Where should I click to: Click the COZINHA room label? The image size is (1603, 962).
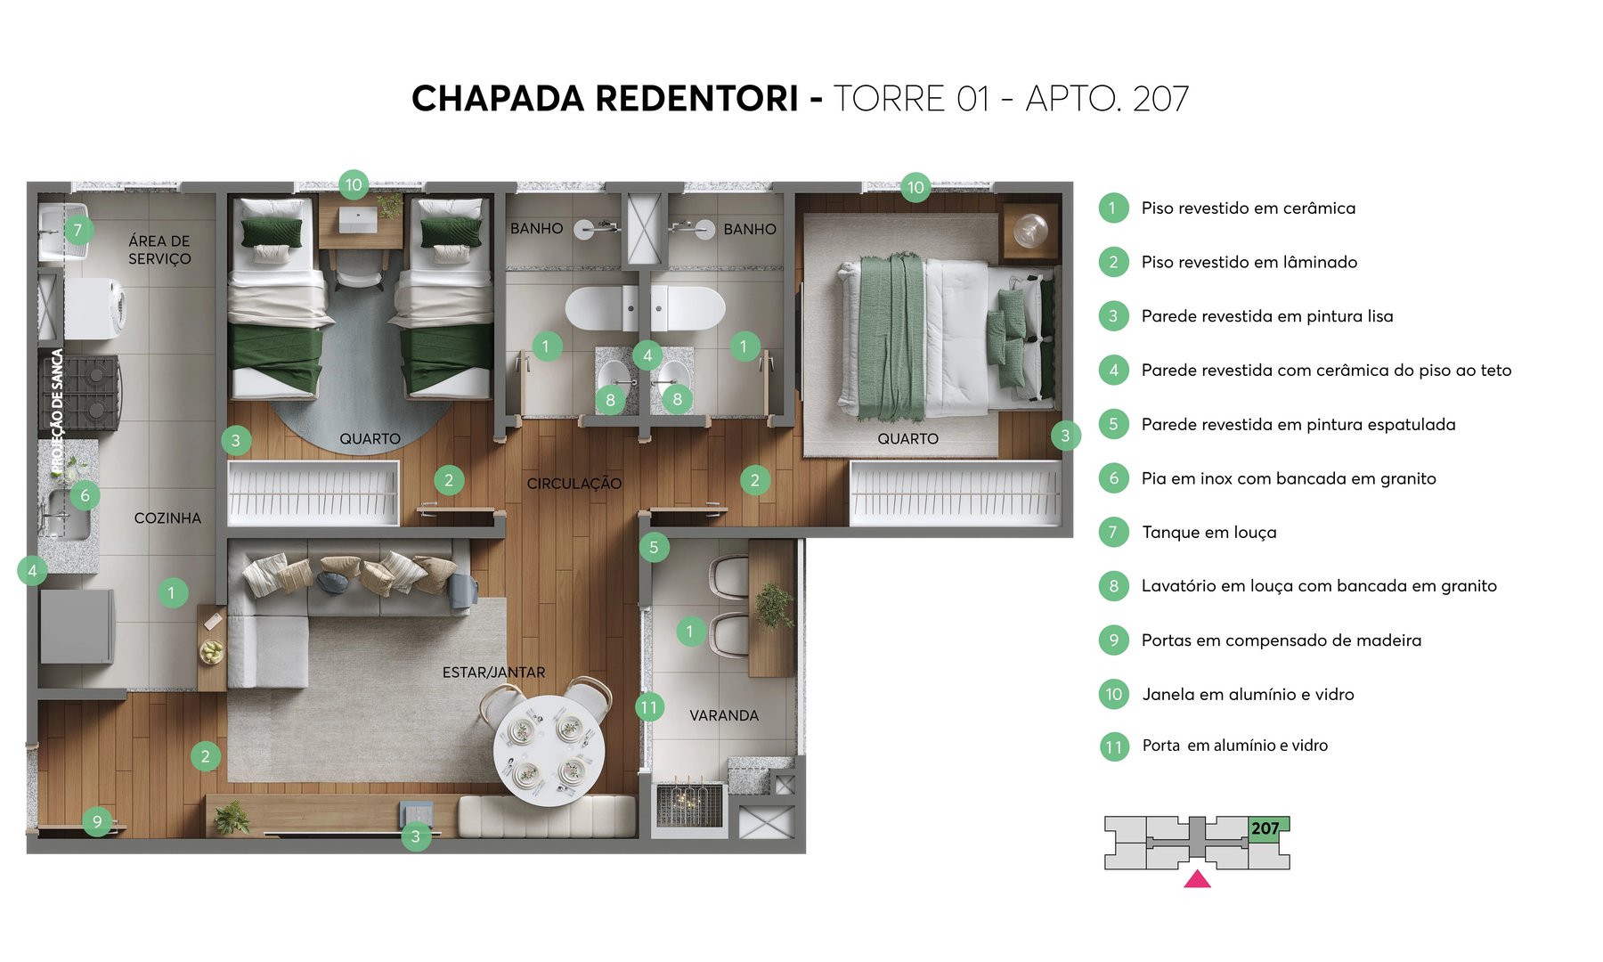(x=167, y=518)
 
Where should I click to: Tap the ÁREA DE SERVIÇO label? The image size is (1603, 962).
(x=159, y=249)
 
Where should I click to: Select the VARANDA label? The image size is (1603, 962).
(x=724, y=715)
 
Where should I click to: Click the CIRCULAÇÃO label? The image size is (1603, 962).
(x=574, y=484)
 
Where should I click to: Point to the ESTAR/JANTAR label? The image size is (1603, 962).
(x=493, y=673)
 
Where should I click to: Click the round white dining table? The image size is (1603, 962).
(x=549, y=751)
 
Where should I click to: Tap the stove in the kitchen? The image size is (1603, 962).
(x=81, y=392)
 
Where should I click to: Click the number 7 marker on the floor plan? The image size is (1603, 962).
(x=77, y=230)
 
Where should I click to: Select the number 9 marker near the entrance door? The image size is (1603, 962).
(x=97, y=820)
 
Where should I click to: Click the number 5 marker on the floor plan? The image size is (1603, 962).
(x=654, y=547)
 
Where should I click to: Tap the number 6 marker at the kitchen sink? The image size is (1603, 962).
(x=85, y=495)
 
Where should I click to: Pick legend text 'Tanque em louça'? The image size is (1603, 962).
(x=1208, y=533)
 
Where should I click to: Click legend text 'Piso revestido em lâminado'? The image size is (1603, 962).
(x=1249, y=262)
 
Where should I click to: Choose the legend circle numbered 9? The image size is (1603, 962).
(x=1113, y=640)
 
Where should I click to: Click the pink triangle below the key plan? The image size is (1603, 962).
(x=1197, y=880)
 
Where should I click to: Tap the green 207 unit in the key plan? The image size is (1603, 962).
(x=1266, y=828)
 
